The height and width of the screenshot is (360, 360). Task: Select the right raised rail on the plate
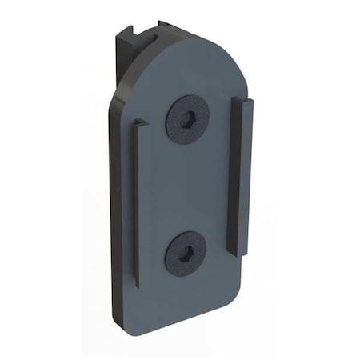(x=241, y=172)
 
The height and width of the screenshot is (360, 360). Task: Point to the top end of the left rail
(x=140, y=122)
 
